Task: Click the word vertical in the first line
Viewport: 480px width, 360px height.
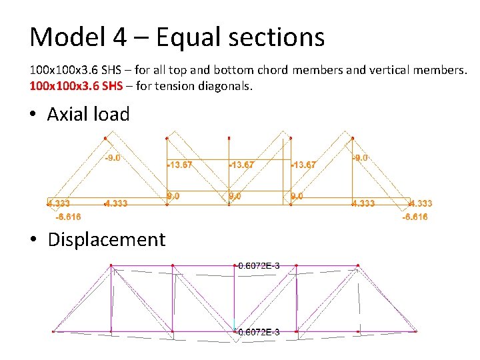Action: (385, 69)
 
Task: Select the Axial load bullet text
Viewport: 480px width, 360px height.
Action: (88, 114)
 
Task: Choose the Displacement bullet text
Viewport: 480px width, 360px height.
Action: (106, 239)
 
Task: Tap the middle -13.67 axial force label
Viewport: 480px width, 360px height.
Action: (241, 165)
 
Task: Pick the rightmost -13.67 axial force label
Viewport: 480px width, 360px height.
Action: (303, 165)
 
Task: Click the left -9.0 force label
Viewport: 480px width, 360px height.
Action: (112, 158)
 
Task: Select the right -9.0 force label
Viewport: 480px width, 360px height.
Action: (360, 158)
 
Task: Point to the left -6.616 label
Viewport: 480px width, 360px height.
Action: (68, 217)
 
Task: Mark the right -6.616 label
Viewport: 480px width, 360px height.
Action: (415, 217)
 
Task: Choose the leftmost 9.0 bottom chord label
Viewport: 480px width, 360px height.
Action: (173, 196)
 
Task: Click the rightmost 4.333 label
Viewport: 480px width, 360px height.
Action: (420, 203)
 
